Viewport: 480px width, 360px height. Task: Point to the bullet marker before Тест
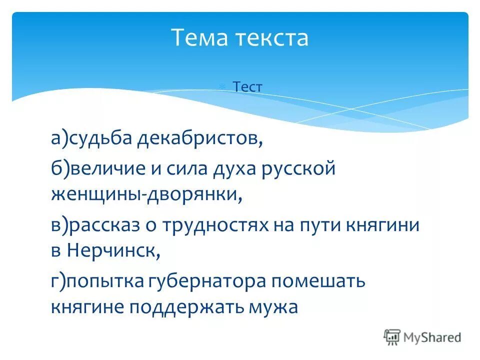[x=236, y=87]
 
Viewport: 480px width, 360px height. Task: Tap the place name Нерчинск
[x=112, y=251]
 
